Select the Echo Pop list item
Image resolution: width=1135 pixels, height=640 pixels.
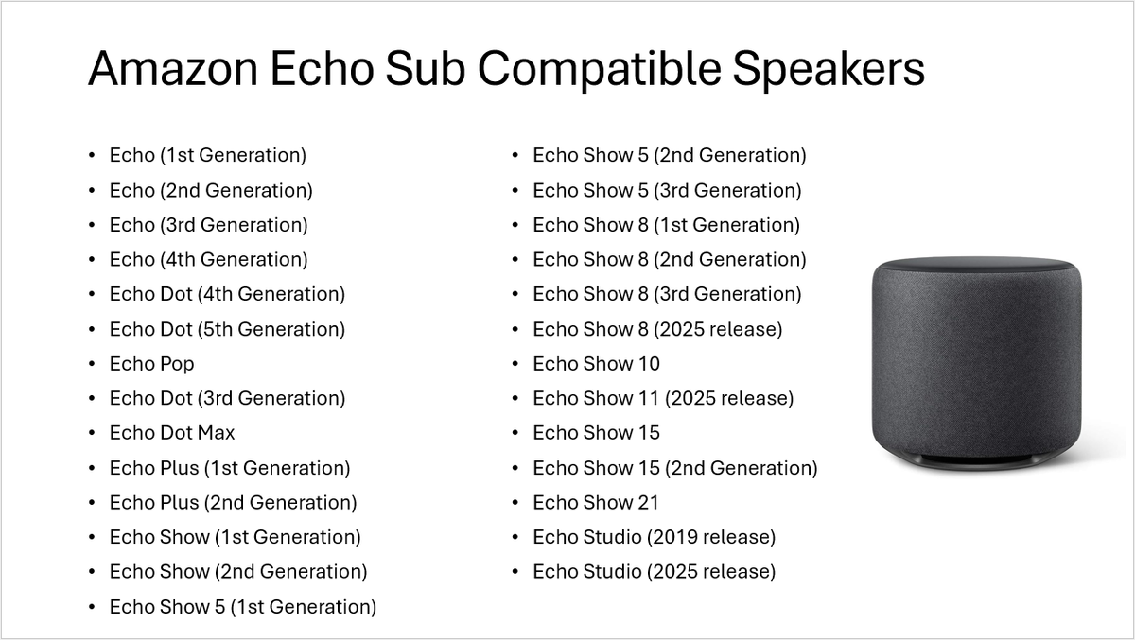click(151, 364)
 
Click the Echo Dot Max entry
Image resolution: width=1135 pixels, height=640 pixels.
click(172, 433)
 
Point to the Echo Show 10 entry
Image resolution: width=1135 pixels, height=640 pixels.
click(596, 364)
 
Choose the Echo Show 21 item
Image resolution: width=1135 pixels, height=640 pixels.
click(596, 503)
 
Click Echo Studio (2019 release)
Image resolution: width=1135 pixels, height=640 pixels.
click(654, 537)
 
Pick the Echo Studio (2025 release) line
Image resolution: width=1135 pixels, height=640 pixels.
click(654, 572)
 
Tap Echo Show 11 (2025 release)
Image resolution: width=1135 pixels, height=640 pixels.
click(663, 398)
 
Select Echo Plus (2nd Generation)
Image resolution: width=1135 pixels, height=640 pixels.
click(233, 503)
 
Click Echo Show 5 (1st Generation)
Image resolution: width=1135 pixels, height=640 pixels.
click(243, 607)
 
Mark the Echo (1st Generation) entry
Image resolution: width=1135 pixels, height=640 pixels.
click(208, 155)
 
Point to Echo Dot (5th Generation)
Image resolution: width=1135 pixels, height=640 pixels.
click(227, 329)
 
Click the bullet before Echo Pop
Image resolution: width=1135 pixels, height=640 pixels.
click(92, 364)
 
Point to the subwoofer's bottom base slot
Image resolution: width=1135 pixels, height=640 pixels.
click(976, 462)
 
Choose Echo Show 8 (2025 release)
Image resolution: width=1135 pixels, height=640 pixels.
click(657, 329)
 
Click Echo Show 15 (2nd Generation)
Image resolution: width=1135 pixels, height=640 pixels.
click(675, 468)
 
